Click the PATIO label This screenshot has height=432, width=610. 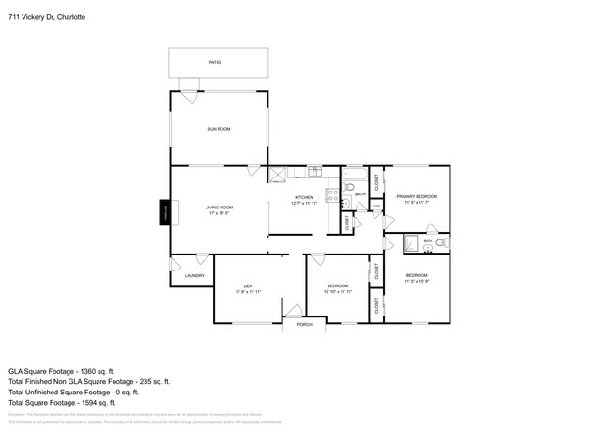pos(215,63)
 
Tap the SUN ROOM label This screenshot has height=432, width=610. pos(219,129)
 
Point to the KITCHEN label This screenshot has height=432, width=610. pos(302,197)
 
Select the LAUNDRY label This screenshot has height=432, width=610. pos(194,275)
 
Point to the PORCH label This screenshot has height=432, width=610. pos(304,324)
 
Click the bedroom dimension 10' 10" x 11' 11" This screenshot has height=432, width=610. pos(337,291)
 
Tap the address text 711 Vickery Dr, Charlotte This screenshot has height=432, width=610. pos(45,16)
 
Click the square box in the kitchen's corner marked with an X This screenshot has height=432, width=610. pos(277,174)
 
